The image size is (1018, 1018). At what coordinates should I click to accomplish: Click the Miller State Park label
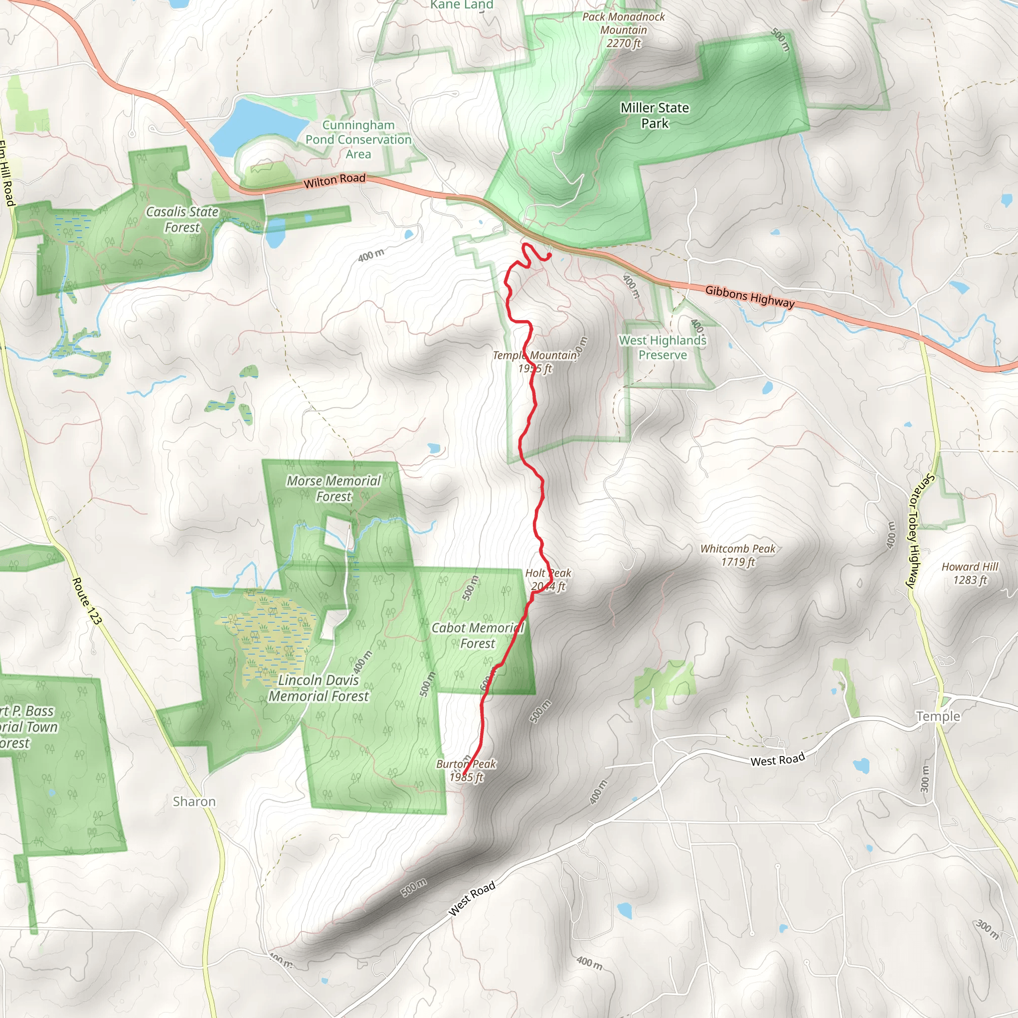[655, 115]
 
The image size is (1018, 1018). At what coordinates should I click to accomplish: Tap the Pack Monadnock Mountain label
[623, 30]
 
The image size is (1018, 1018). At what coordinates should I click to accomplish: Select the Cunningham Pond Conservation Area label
[358, 140]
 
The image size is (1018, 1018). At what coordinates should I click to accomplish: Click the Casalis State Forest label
[182, 219]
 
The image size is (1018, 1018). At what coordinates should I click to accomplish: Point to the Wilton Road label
[334, 181]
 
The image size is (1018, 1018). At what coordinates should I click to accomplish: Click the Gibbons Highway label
[749, 296]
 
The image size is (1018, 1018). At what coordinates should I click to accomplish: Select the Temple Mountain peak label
[535, 362]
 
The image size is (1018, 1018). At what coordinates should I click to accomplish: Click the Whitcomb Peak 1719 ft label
[737, 555]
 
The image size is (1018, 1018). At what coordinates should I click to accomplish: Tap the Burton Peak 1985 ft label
[466, 770]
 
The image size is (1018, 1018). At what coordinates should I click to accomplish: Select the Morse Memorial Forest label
[334, 489]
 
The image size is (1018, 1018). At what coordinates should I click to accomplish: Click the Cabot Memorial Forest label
[477, 635]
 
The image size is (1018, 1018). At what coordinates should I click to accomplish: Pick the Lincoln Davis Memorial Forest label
[319, 688]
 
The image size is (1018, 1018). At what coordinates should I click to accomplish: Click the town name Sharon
[194, 801]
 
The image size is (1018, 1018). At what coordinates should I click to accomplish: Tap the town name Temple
[938, 716]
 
